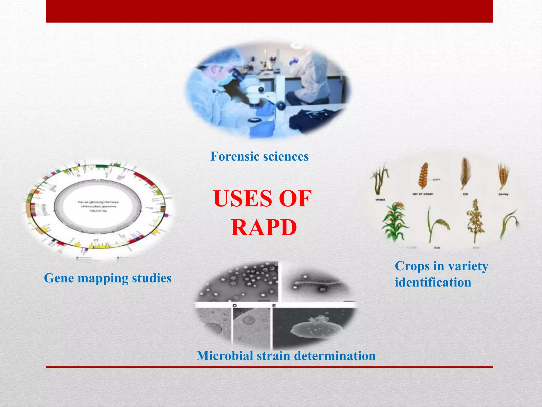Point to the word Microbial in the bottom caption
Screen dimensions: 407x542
click(224, 356)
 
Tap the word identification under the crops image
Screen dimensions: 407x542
click(433, 282)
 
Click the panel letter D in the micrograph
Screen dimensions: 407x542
click(234, 306)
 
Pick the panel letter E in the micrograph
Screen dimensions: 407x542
click(274, 306)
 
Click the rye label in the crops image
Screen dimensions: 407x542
click(465, 194)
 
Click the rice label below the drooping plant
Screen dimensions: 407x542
click(437, 248)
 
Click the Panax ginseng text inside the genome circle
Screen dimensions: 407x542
click(98, 202)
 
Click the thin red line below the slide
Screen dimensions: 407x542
click(269, 367)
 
